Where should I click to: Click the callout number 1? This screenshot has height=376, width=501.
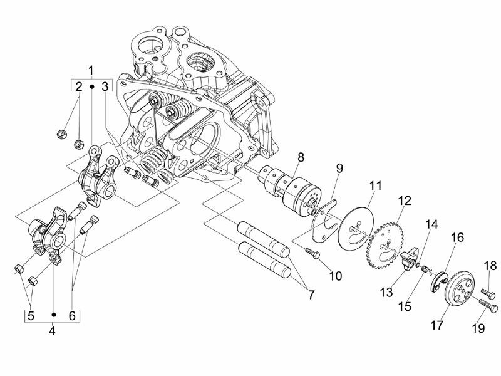pyautogui.click(x=91, y=69)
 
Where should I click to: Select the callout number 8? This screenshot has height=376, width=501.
pyautogui.click(x=301, y=157)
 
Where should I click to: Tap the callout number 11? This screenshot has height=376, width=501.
pyautogui.click(x=374, y=186)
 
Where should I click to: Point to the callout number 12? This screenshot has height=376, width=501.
pyautogui.click(x=404, y=201)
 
